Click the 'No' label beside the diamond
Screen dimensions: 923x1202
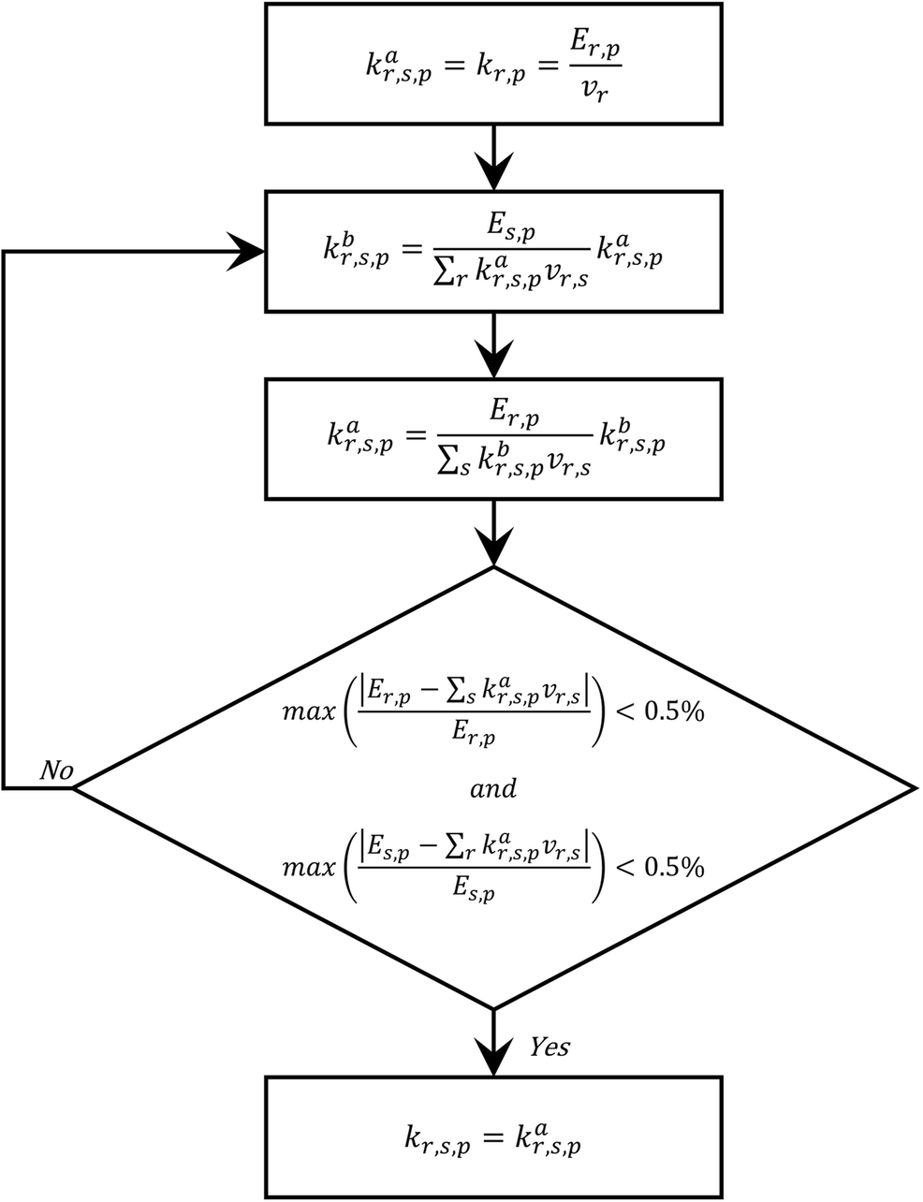(x=56, y=770)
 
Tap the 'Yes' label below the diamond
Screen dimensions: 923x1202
(x=549, y=1047)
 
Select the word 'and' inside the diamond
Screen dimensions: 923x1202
(x=493, y=788)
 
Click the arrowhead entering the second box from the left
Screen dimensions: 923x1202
(x=246, y=252)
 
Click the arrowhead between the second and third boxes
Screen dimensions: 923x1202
(x=494, y=359)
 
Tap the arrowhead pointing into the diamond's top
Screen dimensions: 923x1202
(x=494, y=547)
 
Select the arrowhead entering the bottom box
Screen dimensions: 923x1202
(x=494, y=1057)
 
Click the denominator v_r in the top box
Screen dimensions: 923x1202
(x=595, y=91)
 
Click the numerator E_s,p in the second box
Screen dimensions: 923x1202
(x=510, y=229)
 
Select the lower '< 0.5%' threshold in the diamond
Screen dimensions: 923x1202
(x=659, y=867)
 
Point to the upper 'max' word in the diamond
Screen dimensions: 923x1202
(x=309, y=711)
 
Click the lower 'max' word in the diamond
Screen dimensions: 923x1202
(x=309, y=868)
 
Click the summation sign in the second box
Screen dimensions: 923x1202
(x=444, y=273)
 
